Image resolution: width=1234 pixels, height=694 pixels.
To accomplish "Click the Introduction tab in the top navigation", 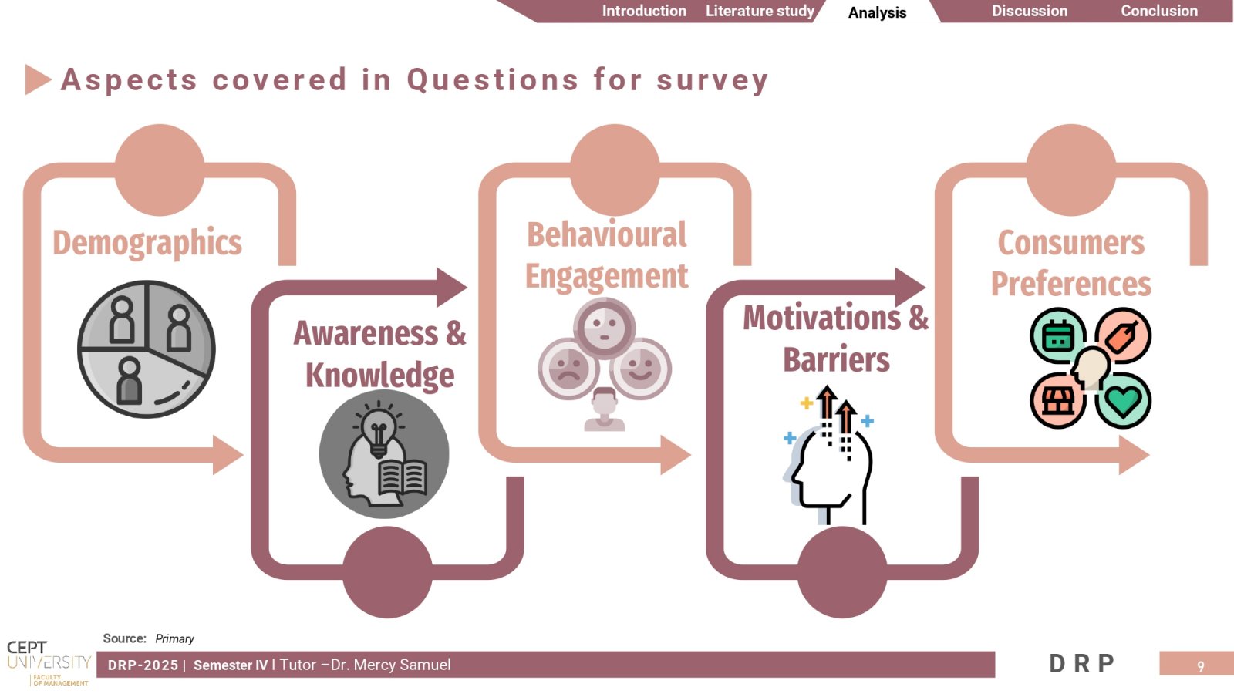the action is [644, 11].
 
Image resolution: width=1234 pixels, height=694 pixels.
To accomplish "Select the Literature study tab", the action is [760, 11].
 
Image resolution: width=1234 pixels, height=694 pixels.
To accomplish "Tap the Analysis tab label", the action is [877, 12].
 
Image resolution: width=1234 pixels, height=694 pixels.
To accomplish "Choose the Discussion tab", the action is [1030, 11].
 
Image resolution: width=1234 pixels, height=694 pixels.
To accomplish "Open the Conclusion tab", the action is [1159, 11].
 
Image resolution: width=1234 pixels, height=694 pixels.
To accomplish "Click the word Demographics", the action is [147, 243].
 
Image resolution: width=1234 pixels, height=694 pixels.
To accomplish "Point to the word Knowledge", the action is [379, 376].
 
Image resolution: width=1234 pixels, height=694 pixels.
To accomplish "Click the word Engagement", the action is [606, 276].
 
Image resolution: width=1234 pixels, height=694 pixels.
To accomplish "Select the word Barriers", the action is [836, 360].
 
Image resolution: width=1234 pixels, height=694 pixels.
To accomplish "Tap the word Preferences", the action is [1071, 284].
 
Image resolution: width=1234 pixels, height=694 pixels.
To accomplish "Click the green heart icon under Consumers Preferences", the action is [1123, 400].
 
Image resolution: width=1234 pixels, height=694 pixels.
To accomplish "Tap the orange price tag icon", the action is [1123, 335].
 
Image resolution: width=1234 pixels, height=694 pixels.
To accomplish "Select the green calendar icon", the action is [1057, 335].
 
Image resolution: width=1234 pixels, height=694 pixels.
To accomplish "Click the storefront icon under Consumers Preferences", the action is [1057, 400].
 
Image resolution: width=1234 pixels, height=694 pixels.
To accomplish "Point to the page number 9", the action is [1201, 667].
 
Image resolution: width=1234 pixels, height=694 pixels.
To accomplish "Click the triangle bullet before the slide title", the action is [37, 80].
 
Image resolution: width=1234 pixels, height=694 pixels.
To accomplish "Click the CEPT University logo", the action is [49, 663].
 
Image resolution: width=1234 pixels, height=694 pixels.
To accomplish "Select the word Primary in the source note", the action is [174, 639].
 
